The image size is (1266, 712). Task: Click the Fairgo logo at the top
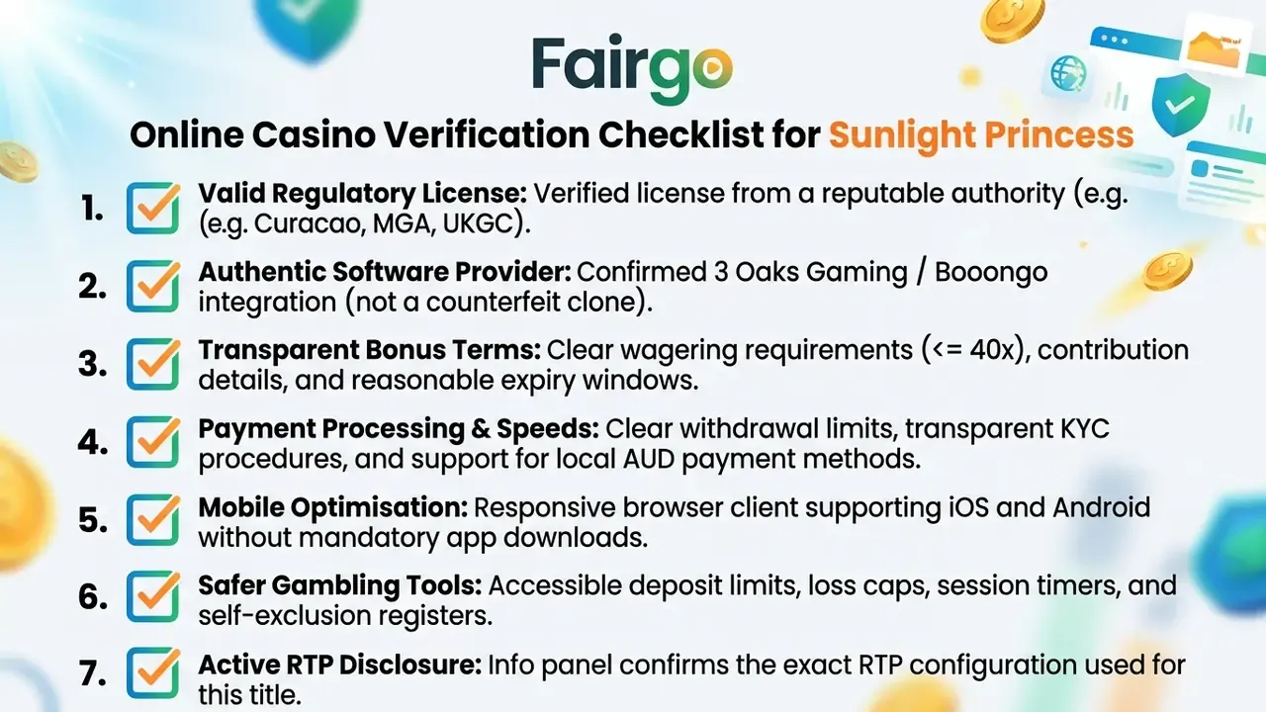tap(632, 68)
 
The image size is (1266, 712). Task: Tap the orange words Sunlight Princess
tap(981, 135)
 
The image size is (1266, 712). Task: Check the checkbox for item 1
tap(153, 208)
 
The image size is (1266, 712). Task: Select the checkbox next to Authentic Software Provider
tap(153, 286)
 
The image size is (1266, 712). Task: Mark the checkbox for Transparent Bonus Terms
tap(153, 363)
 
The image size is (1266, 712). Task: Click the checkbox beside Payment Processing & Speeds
tap(153, 441)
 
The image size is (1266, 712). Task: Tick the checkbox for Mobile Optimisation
tap(153, 519)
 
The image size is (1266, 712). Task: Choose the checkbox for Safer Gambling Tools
tap(153, 596)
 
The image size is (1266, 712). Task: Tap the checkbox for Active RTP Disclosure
tap(153, 673)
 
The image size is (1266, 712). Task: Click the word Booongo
tap(991, 273)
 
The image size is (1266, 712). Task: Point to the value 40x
tap(992, 350)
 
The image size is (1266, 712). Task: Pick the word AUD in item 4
tap(649, 459)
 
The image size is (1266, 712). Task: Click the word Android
tap(1101, 507)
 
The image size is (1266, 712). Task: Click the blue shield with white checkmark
tap(1181, 105)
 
